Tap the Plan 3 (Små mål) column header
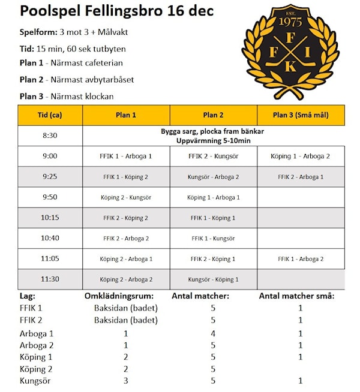(301, 115)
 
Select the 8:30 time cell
(50, 135)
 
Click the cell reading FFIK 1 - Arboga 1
(126, 156)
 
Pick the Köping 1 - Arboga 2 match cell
(301, 156)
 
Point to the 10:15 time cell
(50, 218)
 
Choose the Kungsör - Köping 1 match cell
(213, 279)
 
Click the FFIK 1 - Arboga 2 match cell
(301, 259)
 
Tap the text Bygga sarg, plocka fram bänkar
(213, 131)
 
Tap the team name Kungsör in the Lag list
(34, 380)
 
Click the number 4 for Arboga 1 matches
(213, 333)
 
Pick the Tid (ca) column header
(50, 115)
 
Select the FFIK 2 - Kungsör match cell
(213, 156)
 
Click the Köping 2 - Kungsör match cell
(126, 197)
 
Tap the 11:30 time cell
(50, 279)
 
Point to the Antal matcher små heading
(296, 295)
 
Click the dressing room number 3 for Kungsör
(126, 380)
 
